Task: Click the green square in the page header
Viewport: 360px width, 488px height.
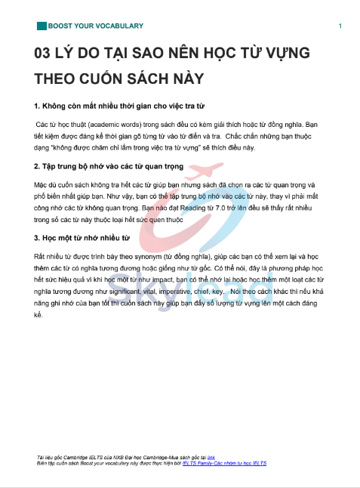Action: click(x=41, y=26)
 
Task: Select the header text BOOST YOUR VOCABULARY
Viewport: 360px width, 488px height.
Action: click(x=95, y=26)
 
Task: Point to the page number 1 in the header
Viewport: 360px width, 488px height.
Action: click(x=340, y=26)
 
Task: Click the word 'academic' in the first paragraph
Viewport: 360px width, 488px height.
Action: click(x=112, y=122)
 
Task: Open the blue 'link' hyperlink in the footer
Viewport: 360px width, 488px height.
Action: click(x=211, y=458)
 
